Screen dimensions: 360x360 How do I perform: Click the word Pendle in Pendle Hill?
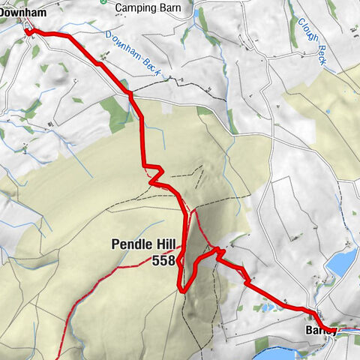pos(130,244)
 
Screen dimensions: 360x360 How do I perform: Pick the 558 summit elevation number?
pos(163,260)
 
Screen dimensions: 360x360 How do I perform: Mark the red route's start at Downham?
pos(28,31)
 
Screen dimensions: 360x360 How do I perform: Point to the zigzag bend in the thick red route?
pos(154,173)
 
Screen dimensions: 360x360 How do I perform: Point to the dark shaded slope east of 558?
pos(193,247)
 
